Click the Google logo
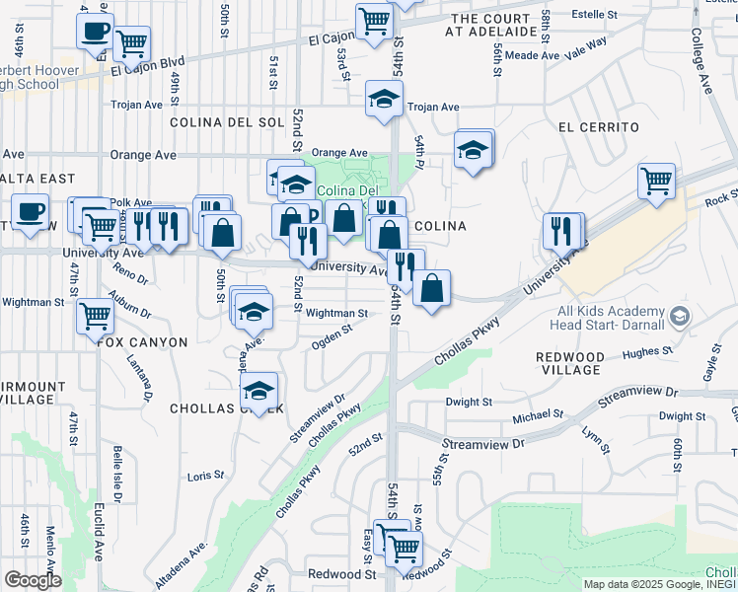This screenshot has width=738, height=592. click(x=33, y=580)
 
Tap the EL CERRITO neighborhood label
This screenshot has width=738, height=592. click(x=598, y=127)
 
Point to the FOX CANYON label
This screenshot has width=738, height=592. click(x=142, y=341)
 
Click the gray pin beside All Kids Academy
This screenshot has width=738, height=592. click(x=678, y=317)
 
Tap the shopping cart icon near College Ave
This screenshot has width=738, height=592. click(x=656, y=182)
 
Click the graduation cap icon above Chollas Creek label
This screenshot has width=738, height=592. click(x=259, y=391)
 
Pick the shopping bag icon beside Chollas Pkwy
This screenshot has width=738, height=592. click(x=432, y=288)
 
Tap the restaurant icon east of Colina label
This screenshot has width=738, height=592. click(x=562, y=231)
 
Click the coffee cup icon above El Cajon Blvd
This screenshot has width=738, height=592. click(x=95, y=31)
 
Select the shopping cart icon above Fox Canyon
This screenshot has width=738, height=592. click(x=95, y=317)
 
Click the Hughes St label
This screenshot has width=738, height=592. click(x=647, y=350)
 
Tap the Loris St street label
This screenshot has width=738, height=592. click(x=205, y=476)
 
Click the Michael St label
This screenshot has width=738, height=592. click(x=536, y=416)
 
